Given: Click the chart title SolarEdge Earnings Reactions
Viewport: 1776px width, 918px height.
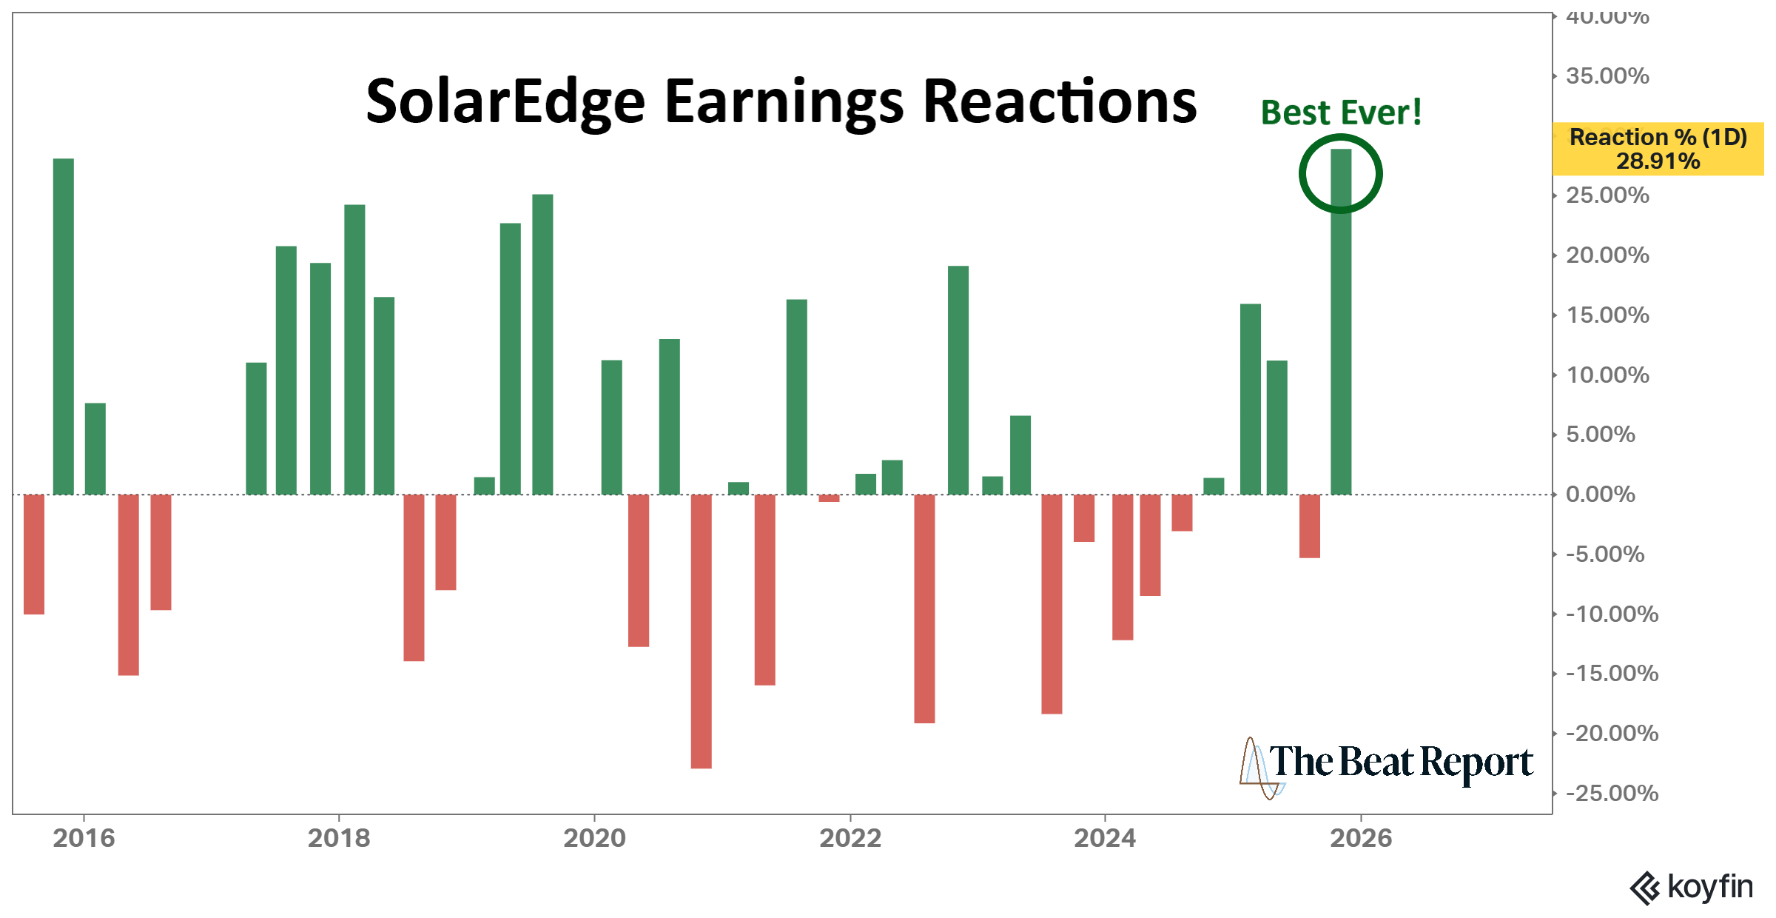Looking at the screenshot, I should pyautogui.click(x=781, y=101).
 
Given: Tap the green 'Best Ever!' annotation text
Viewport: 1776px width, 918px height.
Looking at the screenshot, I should pyautogui.click(x=1340, y=113).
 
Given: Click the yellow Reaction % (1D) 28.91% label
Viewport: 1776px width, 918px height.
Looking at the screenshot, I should pyautogui.click(x=1658, y=149).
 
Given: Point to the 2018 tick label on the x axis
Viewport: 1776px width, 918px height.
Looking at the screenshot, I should pyautogui.click(x=339, y=838).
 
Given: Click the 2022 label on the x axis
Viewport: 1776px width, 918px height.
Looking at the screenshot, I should pyautogui.click(x=850, y=838).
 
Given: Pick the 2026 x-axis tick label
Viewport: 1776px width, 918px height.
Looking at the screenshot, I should pyautogui.click(x=1360, y=838).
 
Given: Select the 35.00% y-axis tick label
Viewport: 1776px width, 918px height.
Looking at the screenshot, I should pyautogui.click(x=1607, y=76).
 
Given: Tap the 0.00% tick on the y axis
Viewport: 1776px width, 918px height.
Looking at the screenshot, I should pyautogui.click(x=1600, y=494).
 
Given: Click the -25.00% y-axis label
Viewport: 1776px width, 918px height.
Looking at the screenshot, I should pyautogui.click(x=1612, y=793).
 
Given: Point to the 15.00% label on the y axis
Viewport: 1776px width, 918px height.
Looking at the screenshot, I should pyautogui.click(x=1607, y=315).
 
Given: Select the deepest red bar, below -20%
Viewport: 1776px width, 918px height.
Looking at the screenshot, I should pyautogui.click(x=701, y=631).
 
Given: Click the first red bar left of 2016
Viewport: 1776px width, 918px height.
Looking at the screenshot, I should pyautogui.click(x=34, y=554).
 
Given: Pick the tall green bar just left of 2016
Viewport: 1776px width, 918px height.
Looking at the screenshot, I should pyautogui.click(x=64, y=326).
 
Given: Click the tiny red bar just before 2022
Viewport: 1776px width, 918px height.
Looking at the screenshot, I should pyautogui.click(x=829, y=498).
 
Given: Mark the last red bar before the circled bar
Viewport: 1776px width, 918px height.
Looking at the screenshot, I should pyautogui.click(x=1309, y=526).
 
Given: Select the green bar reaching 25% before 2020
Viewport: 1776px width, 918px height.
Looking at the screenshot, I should pyautogui.click(x=542, y=344).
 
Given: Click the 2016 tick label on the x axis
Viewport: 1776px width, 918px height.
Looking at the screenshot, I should pyautogui.click(x=84, y=838).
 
